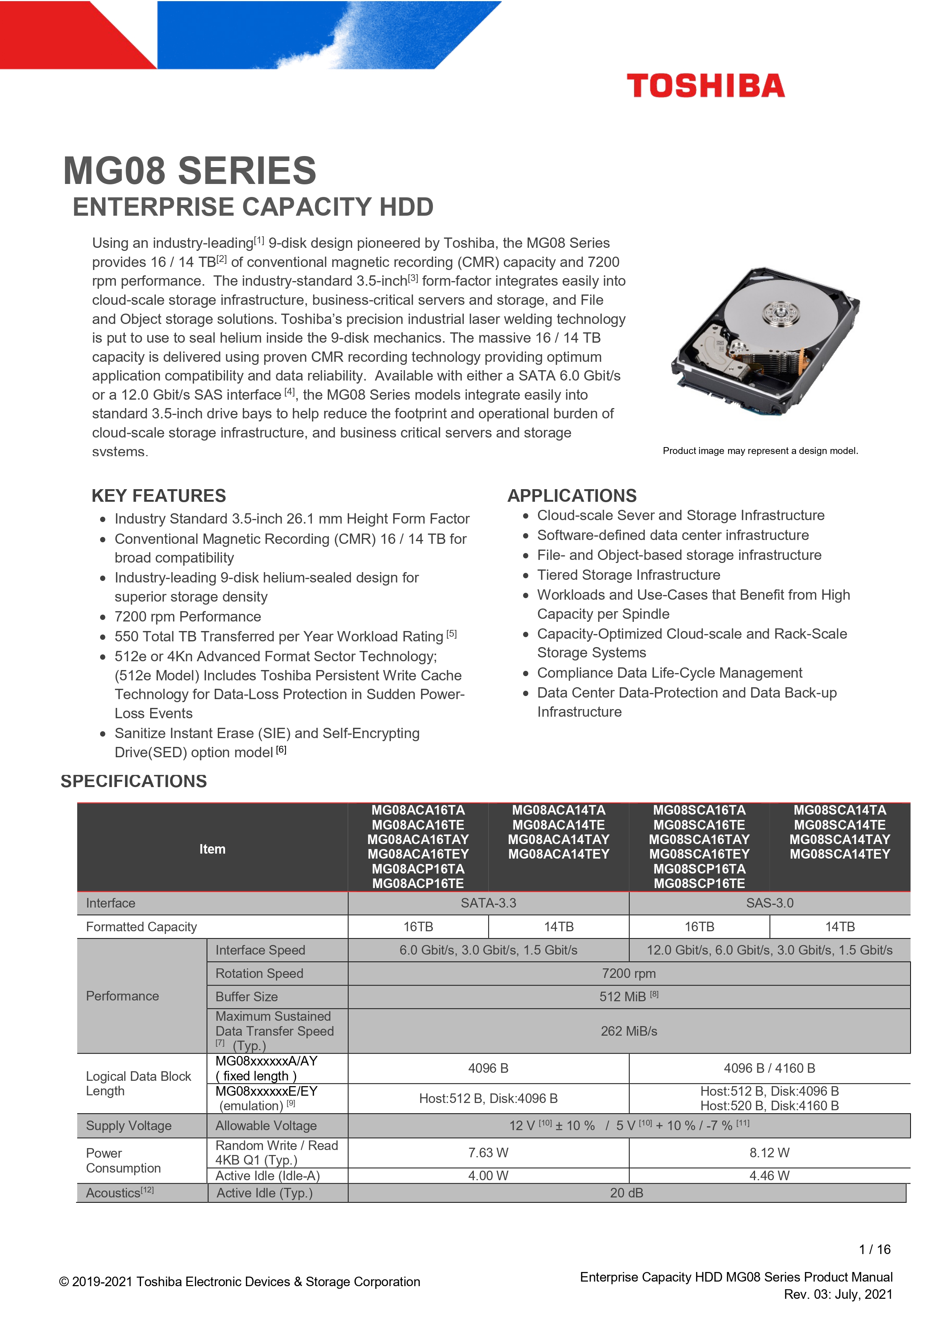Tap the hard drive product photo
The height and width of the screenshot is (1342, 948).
(x=765, y=341)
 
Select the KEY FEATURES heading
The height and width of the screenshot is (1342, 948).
(x=158, y=496)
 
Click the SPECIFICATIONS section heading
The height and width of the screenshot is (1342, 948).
(x=134, y=781)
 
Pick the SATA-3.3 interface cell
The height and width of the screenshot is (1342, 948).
(x=488, y=903)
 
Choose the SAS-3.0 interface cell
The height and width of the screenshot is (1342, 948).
(x=769, y=903)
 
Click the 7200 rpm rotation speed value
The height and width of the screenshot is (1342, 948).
(x=629, y=973)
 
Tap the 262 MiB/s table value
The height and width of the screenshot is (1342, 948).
(x=629, y=1031)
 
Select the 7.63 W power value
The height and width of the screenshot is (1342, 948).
(x=488, y=1153)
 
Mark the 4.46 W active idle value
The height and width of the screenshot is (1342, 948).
(x=769, y=1175)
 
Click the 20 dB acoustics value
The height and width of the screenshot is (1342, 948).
(x=626, y=1193)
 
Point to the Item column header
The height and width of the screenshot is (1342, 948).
(x=212, y=849)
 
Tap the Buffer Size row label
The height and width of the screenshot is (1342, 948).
(x=246, y=997)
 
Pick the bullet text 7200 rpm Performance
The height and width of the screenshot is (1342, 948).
(x=188, y=617)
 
